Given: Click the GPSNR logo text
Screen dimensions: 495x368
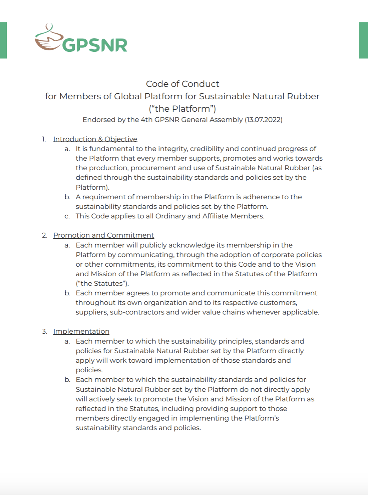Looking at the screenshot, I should [95, 45].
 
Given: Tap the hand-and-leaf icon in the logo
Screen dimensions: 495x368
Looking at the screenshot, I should [48, 38].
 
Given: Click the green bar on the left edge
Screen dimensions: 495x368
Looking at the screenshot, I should [3, 40].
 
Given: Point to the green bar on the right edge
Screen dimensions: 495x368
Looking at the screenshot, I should [363, 40].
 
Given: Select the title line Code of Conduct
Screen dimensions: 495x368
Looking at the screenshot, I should [183, 84].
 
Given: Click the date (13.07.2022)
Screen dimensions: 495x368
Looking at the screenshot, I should [263, 120].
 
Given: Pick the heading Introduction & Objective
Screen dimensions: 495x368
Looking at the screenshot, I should [95, 139].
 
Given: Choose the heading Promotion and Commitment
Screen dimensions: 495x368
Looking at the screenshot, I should [104, 235].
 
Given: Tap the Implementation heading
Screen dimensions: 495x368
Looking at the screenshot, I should [81, 331].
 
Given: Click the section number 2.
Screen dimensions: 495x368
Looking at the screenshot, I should [44, 235].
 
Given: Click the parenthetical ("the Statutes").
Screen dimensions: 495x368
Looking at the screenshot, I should [102, 283].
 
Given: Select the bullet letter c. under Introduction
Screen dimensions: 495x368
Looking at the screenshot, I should [67, 216].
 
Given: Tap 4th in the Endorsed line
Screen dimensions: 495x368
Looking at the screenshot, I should [146, 120].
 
